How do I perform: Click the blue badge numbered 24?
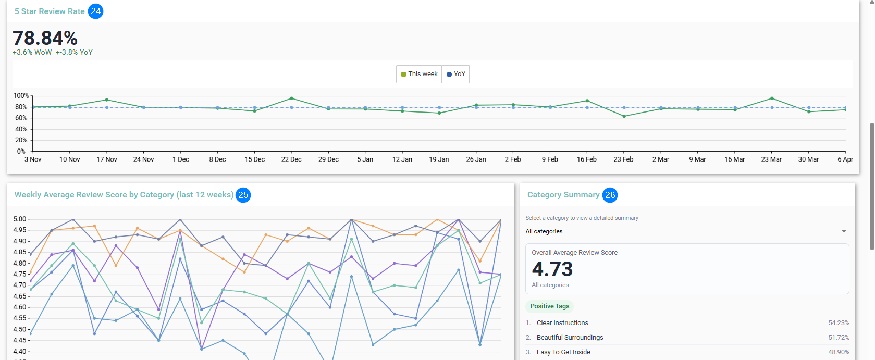(x=96, y=11)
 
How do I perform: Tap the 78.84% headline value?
(x=45, y=38)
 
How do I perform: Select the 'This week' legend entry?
(x=419, y=74)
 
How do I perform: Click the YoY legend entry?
(x=456, y=74)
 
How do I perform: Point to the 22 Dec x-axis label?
(x=291, y=159)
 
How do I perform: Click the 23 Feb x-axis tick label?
(x=623, y=159)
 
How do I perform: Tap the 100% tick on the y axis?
(x=21, y=96)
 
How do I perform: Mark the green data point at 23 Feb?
(x=624, y=116)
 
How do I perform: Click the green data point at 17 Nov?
(x=107, y=100)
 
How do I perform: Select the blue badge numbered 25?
(x=243, y=195)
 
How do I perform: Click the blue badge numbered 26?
(x=610, y=195)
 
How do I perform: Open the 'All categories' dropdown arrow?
(x=844, y=231)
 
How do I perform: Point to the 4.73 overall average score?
(x=552, y=269)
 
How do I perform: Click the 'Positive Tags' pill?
(x=550, y=306)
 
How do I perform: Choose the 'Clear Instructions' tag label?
(x=562, y=323)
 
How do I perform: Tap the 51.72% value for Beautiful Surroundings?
(x=839, y=338)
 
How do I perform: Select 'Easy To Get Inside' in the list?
(x=563, y=352)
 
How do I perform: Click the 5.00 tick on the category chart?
(x=19, y=219)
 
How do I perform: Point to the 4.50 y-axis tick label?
(x=19, y=329)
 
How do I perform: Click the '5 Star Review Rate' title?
(x=50, y=11)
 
